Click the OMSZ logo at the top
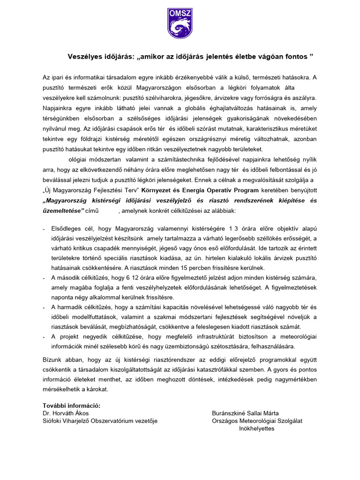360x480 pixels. pyautogui.click(x=180, y=23)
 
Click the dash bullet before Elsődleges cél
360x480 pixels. pyautogui.click(x=44, y=229)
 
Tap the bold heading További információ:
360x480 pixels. pyautogui.click(x=71, y=405)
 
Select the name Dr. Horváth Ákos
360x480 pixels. pyautogui.click(x=66, y=413)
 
